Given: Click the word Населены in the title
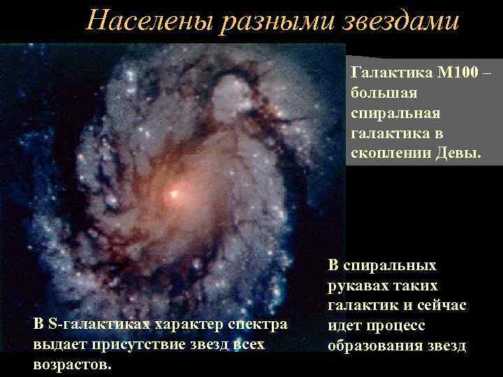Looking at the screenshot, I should pos(149,21).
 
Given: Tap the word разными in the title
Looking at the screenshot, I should pos(272,21).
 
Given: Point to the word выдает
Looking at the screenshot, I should pos(57,344).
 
